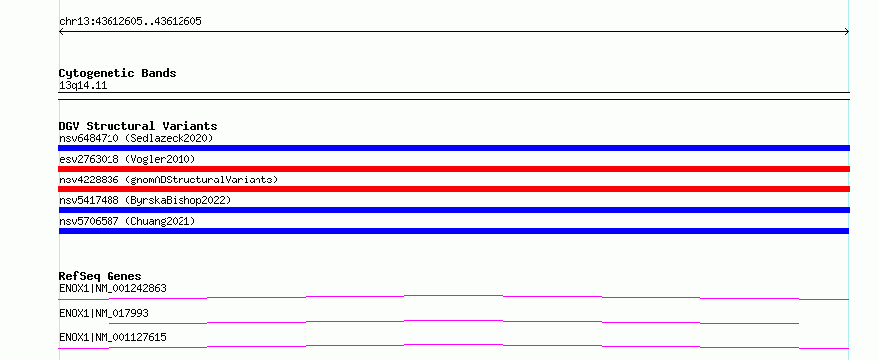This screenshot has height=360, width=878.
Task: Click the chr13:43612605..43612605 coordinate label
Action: [130, 22]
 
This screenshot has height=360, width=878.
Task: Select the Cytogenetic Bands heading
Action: [117, 73]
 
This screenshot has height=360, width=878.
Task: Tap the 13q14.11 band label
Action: [83, 86]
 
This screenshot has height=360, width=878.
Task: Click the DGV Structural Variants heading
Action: [138, 126]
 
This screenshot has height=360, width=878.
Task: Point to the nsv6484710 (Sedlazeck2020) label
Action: [136, 138]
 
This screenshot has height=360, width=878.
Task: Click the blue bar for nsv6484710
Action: [454, 148]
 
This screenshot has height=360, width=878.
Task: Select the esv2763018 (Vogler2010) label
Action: [127, 159]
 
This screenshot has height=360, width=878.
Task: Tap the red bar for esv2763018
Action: [454, 169]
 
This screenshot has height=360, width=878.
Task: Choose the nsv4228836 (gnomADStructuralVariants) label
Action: [169, 180]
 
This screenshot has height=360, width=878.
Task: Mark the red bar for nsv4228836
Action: [454, 189]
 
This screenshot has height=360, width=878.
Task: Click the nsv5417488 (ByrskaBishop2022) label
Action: [145, 200]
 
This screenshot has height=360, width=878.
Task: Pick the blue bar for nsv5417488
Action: [454, 210]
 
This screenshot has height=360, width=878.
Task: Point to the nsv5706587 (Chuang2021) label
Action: [127, 221]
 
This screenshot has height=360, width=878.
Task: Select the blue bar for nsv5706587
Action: [454, 231]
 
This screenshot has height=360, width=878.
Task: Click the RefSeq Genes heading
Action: [100, 276]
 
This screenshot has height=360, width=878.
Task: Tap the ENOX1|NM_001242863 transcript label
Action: [112, 289]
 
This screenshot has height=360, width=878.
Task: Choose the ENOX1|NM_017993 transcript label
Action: [104, 313]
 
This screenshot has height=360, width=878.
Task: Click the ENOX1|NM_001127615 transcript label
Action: [112, 337]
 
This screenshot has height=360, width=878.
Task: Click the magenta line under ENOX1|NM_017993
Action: [454, 321]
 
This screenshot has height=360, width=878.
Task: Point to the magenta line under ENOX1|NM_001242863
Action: [454, 296]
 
